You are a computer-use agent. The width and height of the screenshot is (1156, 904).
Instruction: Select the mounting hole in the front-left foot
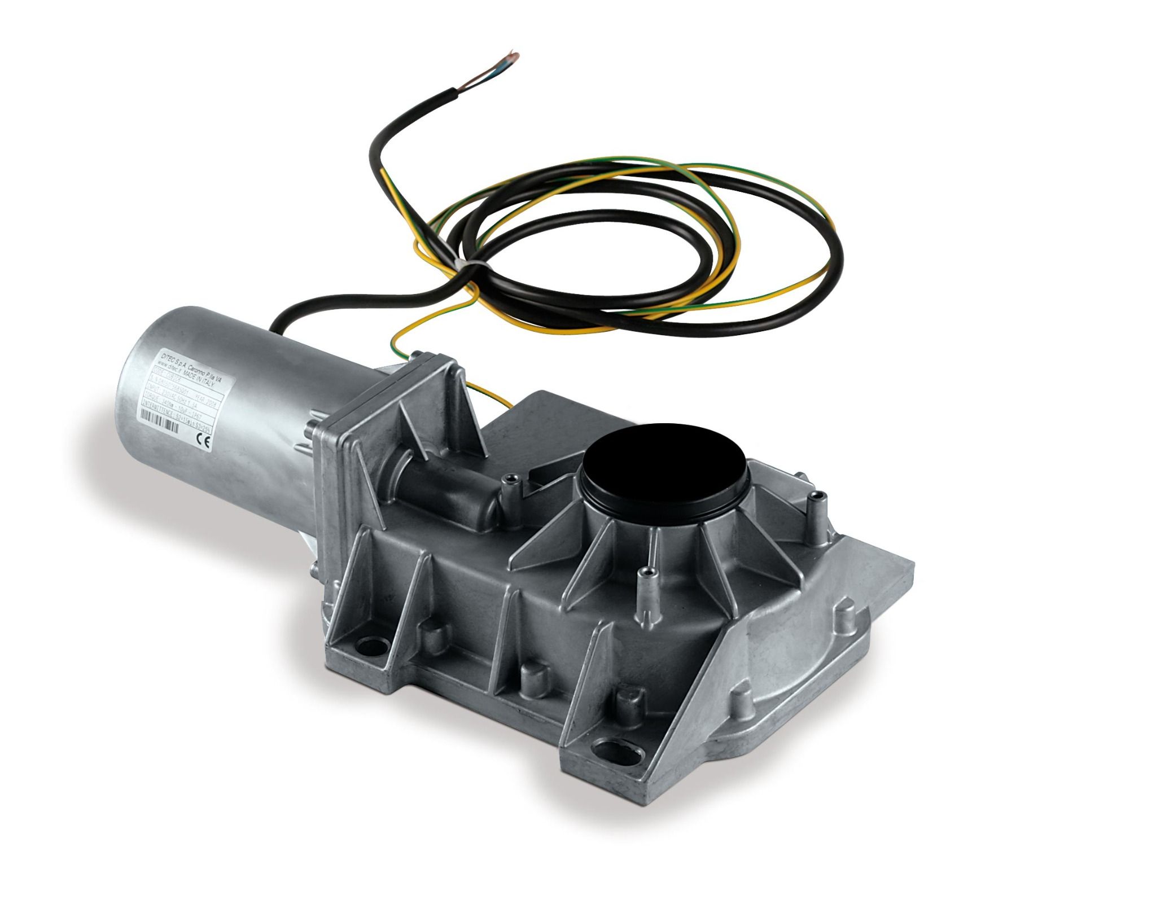[371, 643]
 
